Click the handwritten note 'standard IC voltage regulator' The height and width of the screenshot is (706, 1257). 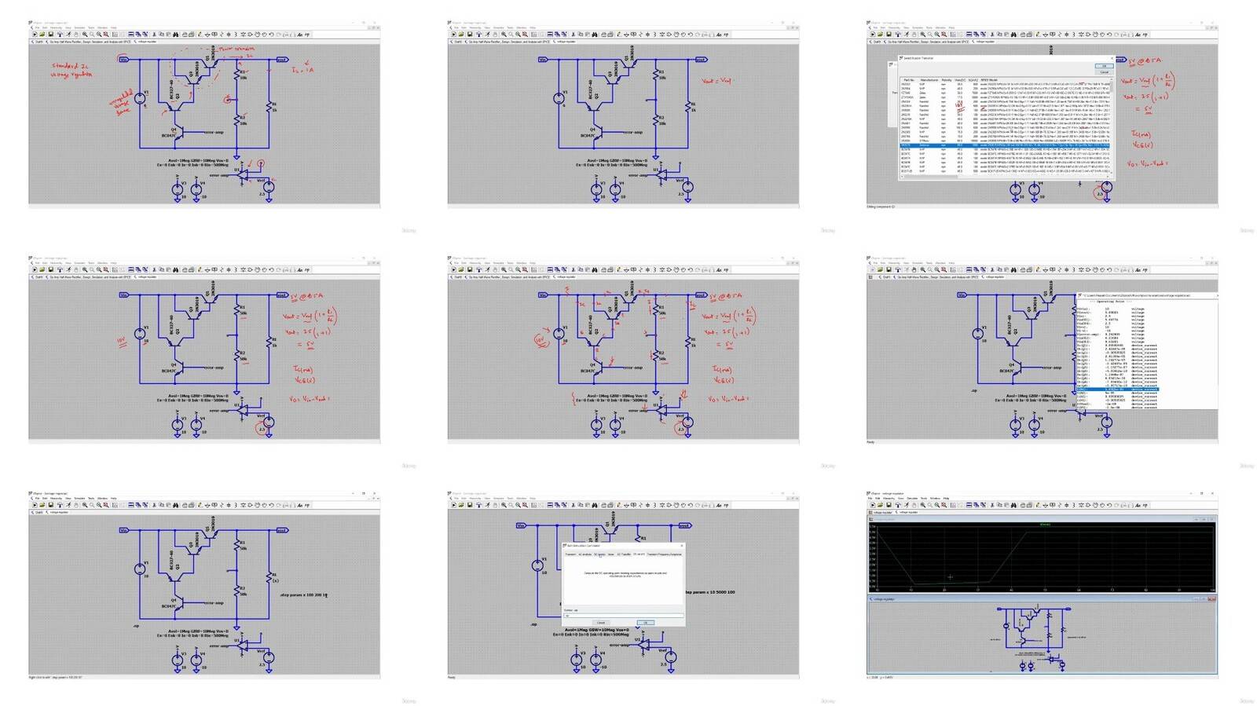71,69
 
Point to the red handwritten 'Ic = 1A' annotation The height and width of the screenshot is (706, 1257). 302,69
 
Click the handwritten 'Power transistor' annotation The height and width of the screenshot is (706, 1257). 236,49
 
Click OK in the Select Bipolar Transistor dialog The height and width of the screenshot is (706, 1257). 1104,66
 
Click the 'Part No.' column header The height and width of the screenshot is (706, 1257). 908,80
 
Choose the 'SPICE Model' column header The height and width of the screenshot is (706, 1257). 989,80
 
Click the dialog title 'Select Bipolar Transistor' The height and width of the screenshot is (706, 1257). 919,58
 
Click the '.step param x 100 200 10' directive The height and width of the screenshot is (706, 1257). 303,595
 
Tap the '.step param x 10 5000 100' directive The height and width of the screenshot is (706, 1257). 710,592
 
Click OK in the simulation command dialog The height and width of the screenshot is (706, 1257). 645,623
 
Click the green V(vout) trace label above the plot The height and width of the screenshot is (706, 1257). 1045,525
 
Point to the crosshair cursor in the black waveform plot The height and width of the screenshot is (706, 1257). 950,577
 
